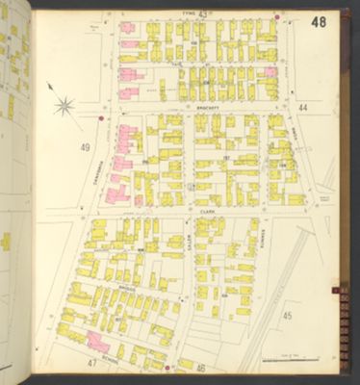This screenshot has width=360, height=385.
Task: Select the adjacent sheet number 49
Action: [86, 147]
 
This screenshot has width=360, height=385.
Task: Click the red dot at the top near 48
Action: [277, 16]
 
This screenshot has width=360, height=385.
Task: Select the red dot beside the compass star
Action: [100, 119]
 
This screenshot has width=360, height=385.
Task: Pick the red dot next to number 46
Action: [167, 367]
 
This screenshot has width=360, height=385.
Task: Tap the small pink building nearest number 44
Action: [271, 72]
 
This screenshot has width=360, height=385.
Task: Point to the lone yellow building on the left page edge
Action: [5, 241]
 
